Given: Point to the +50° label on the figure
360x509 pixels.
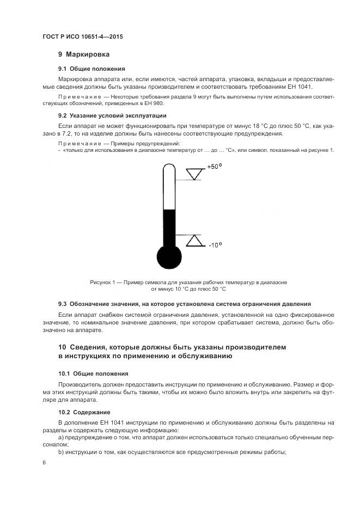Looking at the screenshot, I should tap(214, 167).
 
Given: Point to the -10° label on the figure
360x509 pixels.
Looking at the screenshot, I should tap(214, 245).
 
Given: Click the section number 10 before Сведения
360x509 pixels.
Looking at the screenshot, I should tap(62, 347).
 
